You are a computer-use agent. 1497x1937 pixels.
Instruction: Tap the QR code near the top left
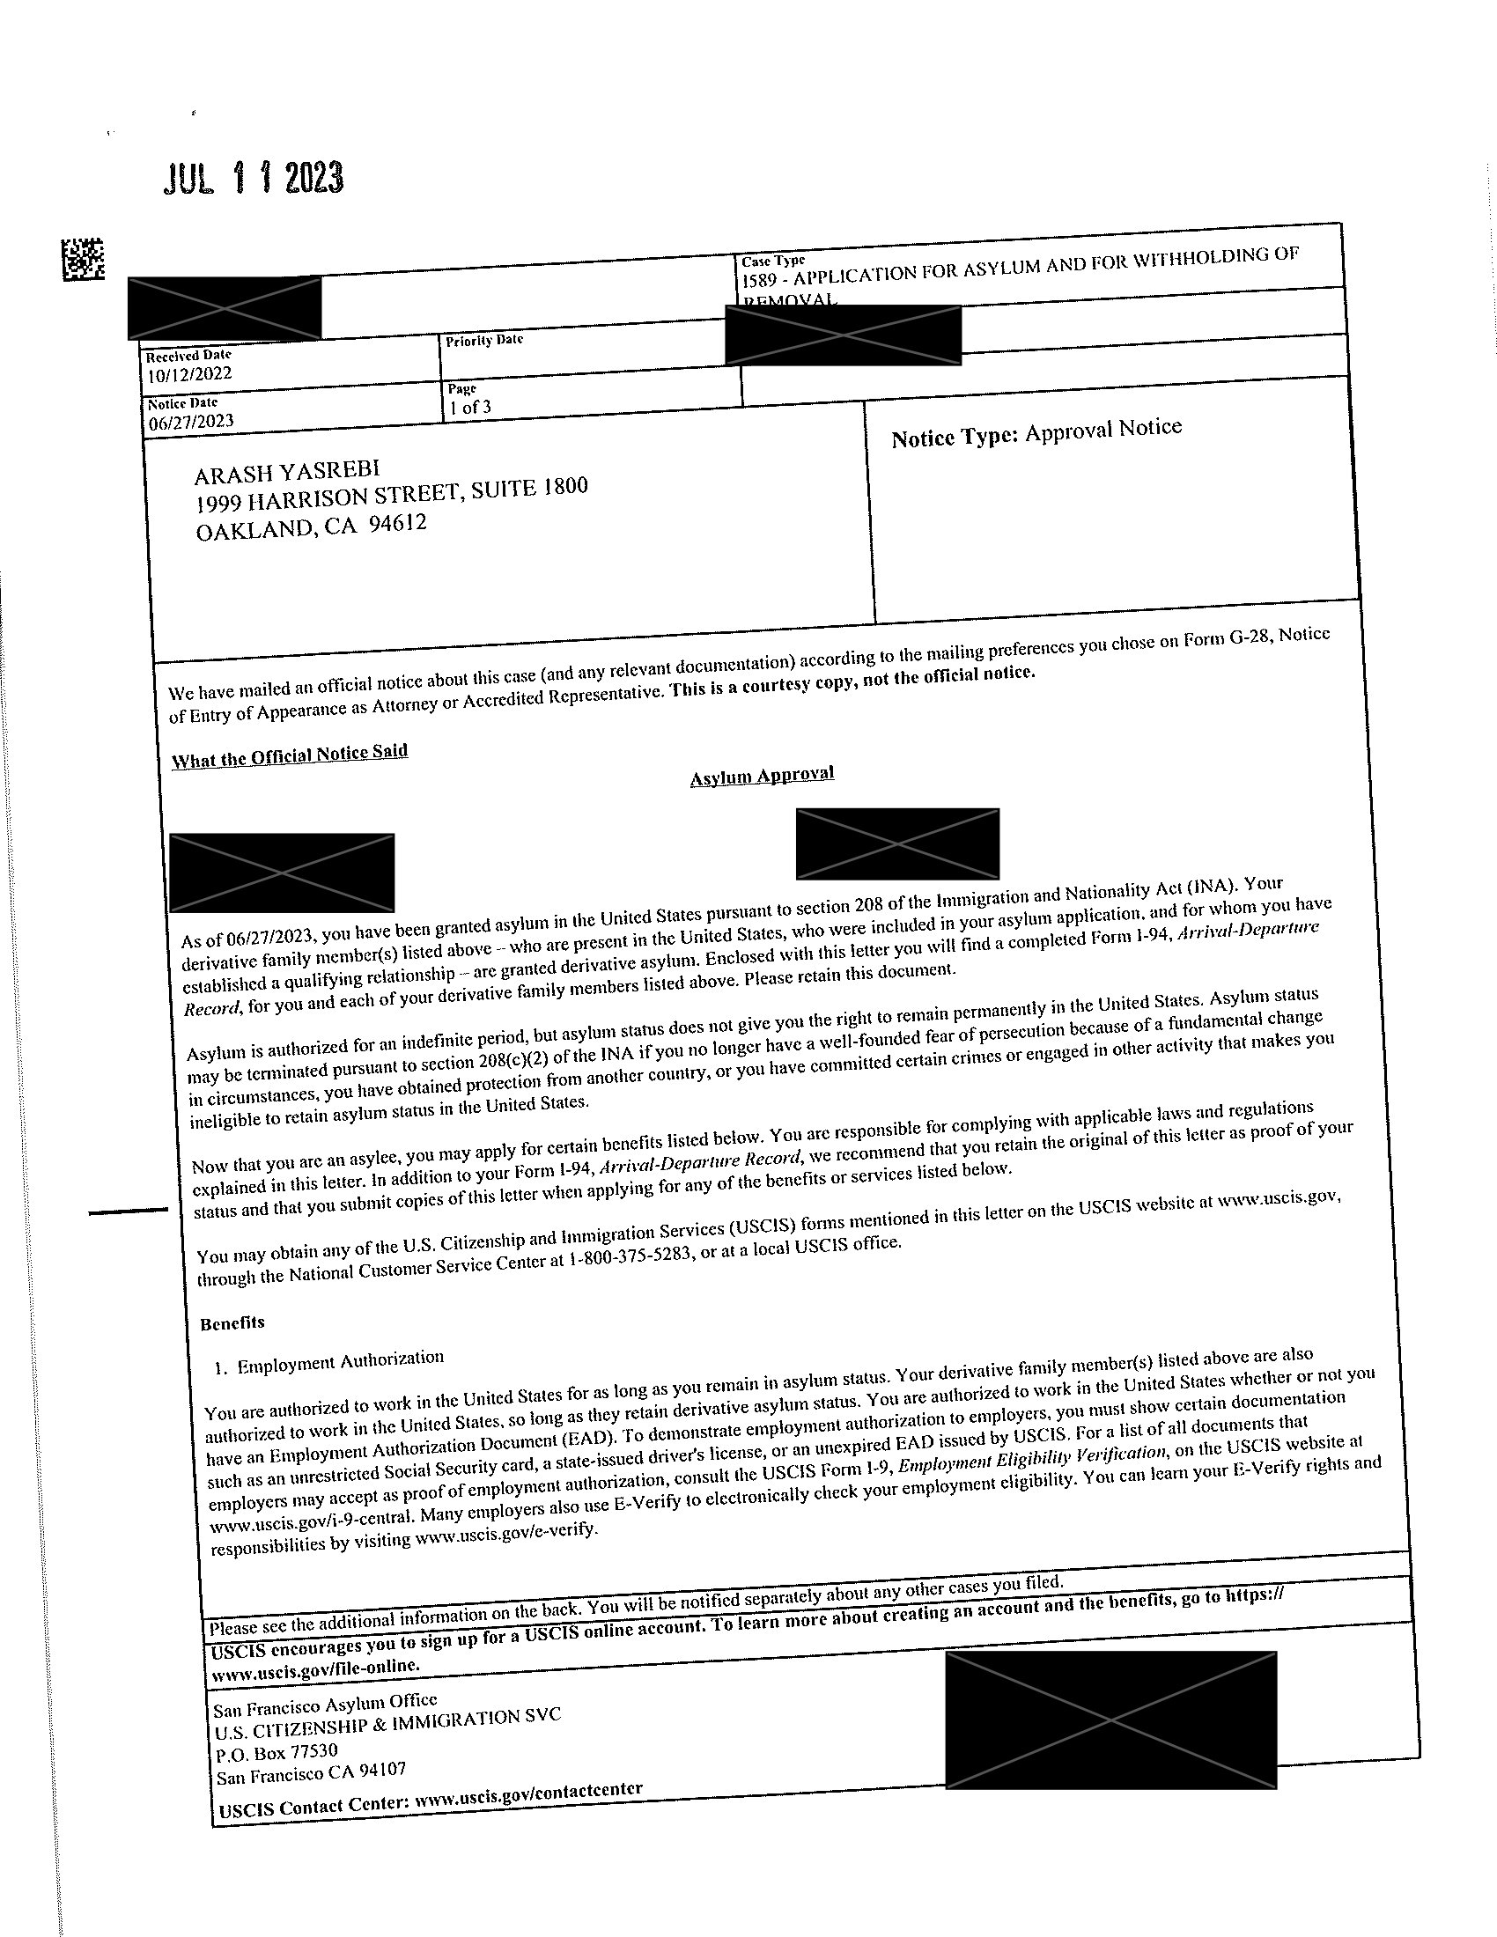(83, 259)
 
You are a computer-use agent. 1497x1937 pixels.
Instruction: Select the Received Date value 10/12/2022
(189, 373)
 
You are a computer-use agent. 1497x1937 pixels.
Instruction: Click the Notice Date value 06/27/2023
(192, 421)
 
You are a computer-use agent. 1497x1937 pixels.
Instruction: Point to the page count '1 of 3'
(470, 407)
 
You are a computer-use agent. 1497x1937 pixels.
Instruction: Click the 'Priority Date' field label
(484, 341)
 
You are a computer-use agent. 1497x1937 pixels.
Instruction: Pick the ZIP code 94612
(397, 523)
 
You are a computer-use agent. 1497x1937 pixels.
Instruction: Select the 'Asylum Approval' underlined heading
(762, 775)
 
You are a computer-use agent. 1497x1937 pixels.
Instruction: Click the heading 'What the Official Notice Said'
(289, 755)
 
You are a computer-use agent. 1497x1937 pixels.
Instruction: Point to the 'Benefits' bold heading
(232, 1322)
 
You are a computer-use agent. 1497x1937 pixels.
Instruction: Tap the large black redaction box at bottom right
(1110, 1720)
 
